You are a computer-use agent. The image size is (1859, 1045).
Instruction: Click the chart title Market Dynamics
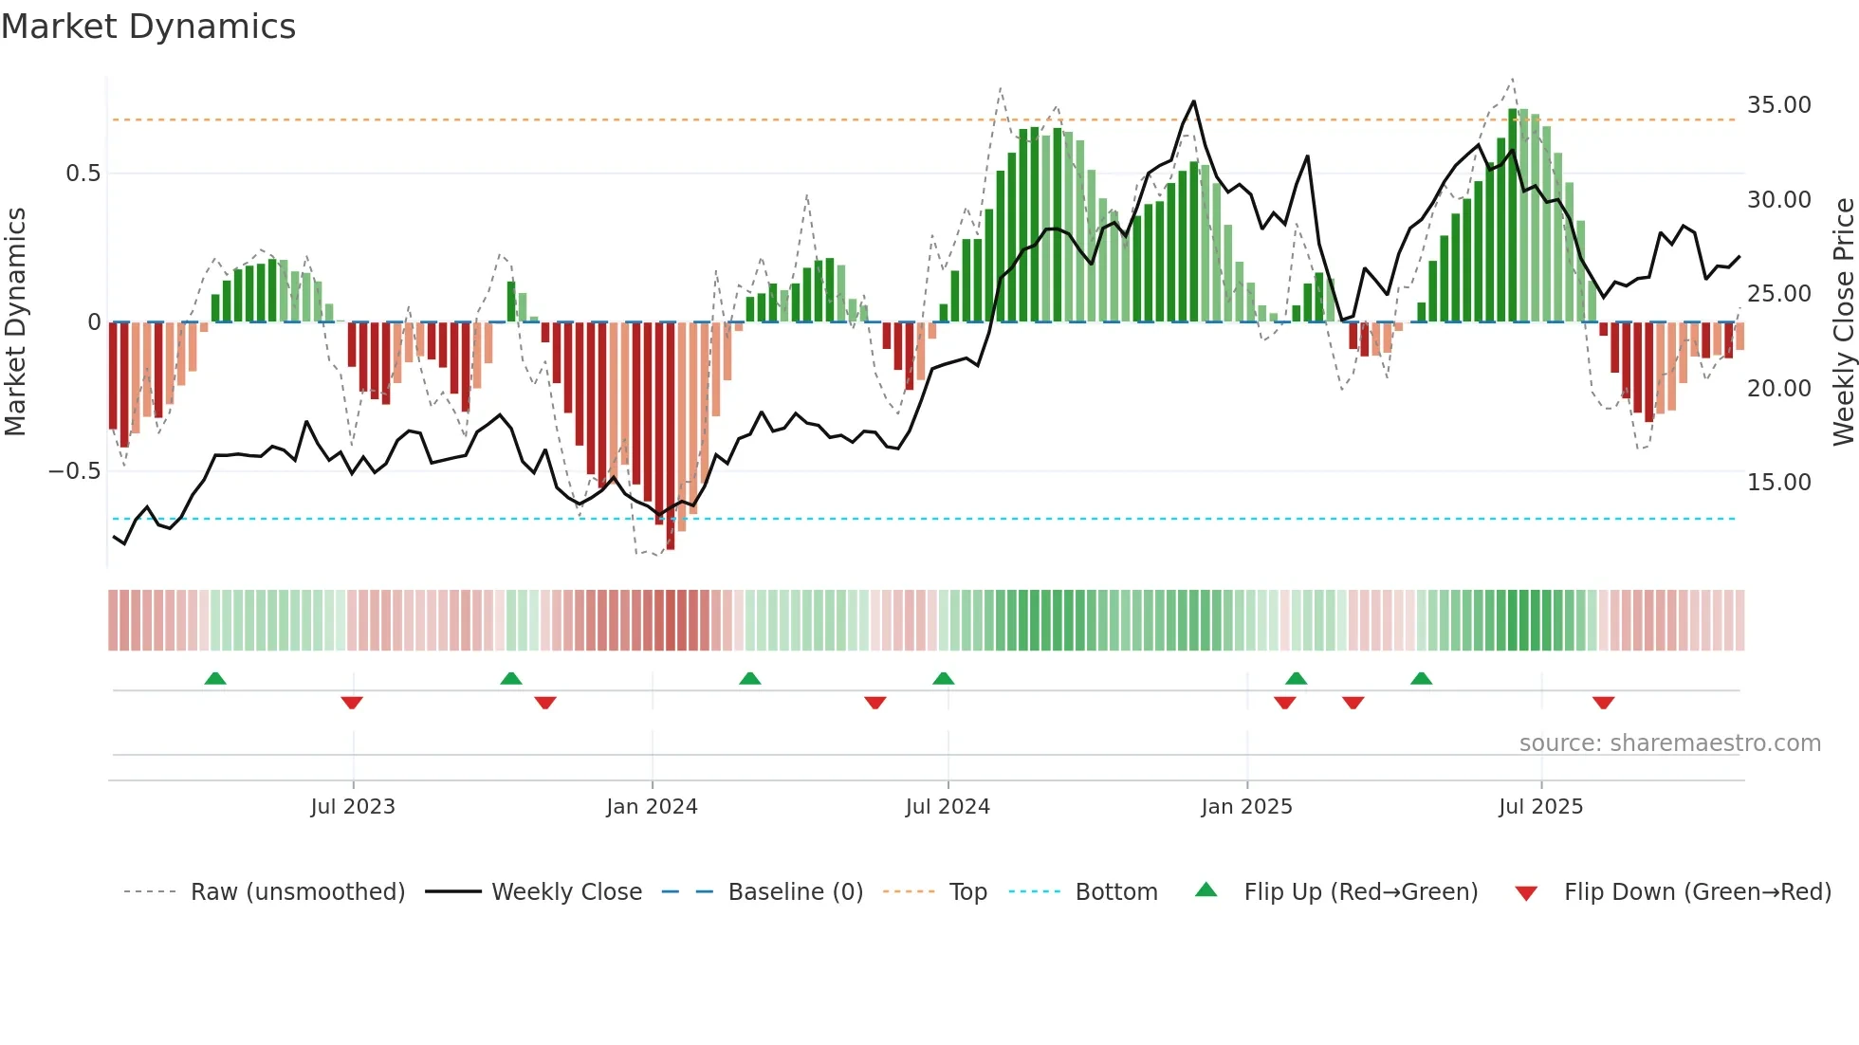[x=149, y=27]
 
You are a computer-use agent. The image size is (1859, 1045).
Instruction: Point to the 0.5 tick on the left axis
[x=83, y=174]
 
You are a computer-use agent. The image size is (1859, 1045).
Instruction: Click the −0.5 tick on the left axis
[x=75, y=471]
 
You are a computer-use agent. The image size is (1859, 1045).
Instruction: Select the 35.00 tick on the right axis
[x=1778, y=105]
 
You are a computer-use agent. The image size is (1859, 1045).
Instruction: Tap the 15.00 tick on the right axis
[x=1778, y=483]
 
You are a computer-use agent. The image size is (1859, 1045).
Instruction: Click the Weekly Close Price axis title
[x=1843, y=322]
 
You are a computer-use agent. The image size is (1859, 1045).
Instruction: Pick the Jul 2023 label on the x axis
[x=353, y=807]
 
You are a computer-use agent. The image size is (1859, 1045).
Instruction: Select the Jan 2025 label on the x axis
[x=1246, y=807]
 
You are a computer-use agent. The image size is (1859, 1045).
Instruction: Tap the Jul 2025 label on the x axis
[x=1540, y=807]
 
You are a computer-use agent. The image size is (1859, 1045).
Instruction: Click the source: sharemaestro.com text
[x=1669, y=743]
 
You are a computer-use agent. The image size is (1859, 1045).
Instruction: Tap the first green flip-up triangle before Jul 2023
[x=215, y=678]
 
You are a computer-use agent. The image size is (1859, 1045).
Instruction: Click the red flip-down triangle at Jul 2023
[x=352, y=703]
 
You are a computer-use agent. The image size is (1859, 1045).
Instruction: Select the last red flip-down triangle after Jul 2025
[x=1603, y=703]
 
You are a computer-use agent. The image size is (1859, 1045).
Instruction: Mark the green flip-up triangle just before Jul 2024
[x=943, y=678]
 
